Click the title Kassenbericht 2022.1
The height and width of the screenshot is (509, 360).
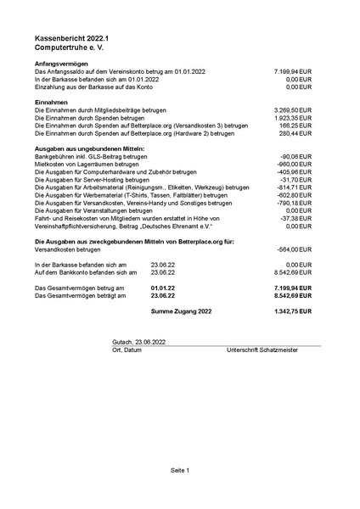(x=67, y=39)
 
